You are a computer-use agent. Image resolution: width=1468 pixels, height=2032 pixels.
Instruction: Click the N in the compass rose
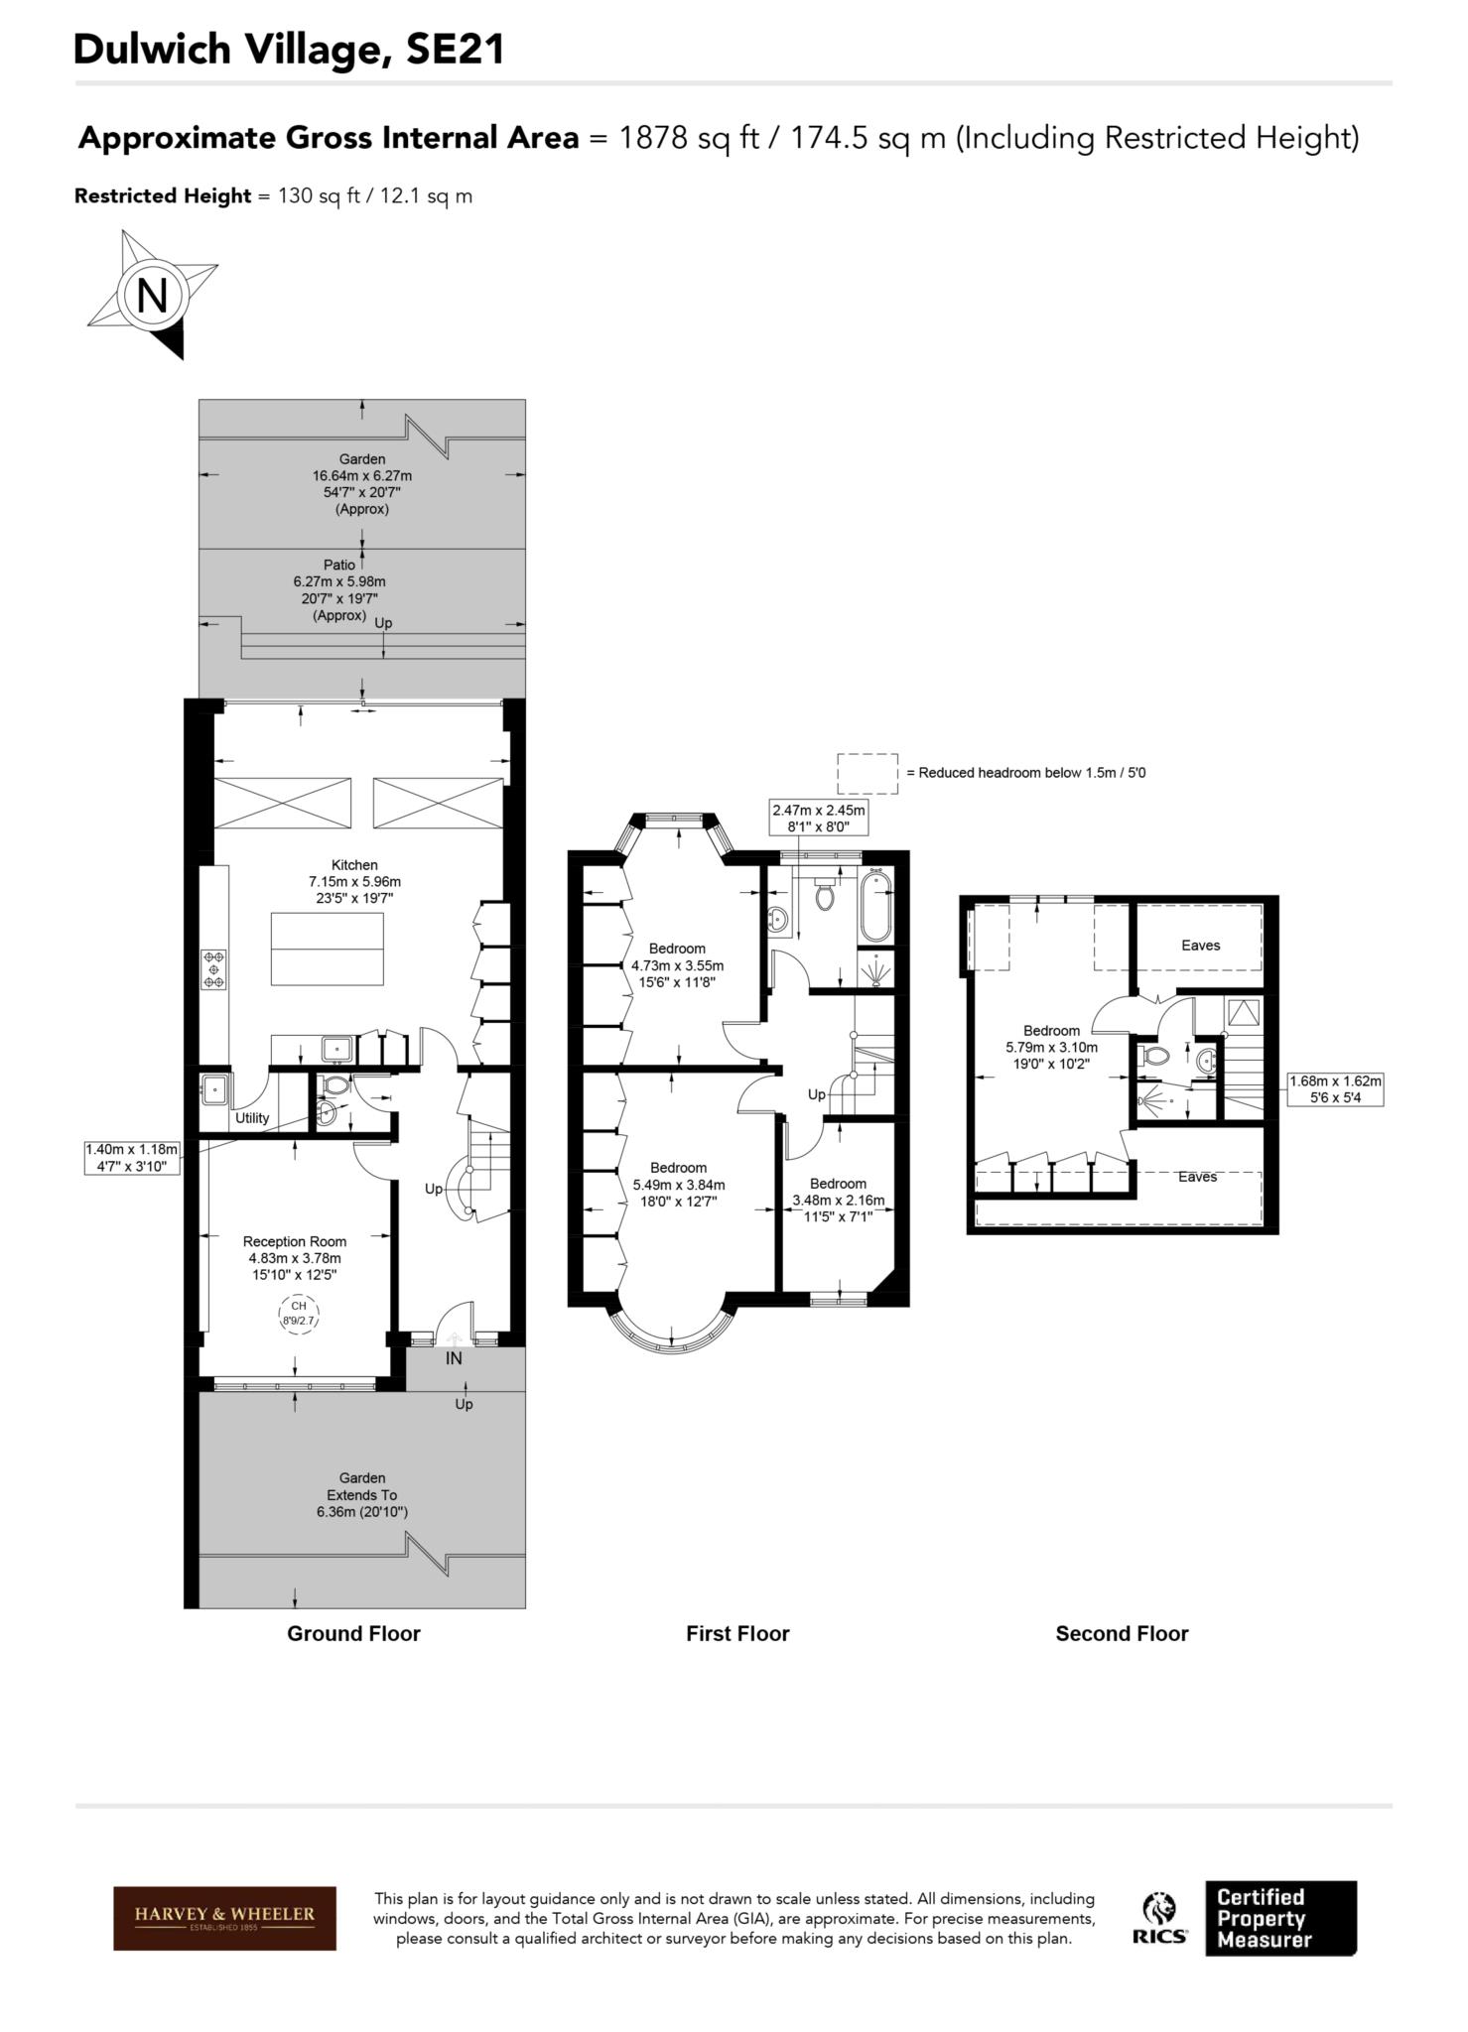(x=151, y=295)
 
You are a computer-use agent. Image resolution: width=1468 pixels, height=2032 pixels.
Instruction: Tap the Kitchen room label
(x=354, y=865)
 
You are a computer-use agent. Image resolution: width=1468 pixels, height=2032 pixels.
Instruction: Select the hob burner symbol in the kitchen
(x=213, y=968)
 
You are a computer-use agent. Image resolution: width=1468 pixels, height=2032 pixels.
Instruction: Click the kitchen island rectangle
(x=327, y=949)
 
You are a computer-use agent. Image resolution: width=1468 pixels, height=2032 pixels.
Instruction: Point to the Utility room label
(x=252, y=1117)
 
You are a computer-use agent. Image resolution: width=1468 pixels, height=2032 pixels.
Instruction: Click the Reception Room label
(x=295, y=1241)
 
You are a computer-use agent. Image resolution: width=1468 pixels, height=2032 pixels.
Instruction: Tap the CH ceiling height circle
(x=298, y=1313)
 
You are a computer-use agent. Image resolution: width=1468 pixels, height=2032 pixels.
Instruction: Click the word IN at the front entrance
(x=454, y=1358)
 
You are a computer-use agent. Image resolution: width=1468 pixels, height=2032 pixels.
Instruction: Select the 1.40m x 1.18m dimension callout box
(x=132, y=1158)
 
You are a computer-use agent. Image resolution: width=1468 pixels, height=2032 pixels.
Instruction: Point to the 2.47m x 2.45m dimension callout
(x=819, y=818)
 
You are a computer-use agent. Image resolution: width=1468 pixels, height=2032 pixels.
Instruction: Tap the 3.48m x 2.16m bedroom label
(x=838, y=1200)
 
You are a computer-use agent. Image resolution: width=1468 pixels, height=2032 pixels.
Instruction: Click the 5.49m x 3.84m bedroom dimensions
(x=679, y=1185)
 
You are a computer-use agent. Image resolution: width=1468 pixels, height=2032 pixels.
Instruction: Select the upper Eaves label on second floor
(x=1200, y=945)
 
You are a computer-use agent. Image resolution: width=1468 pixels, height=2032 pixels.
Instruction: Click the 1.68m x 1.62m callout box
(x=1335, y=1089)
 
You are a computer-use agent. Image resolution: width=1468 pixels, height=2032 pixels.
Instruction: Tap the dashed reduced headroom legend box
(x=867, y=773)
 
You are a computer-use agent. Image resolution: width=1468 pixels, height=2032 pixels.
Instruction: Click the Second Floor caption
(x=1122, y=1633)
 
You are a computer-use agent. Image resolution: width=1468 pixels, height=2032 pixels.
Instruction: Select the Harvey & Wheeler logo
(x=224, y=1918)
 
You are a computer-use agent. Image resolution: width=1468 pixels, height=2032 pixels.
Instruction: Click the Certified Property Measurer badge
(x=1280, y=1918)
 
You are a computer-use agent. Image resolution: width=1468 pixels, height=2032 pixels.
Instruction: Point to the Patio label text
(x=339, y=565)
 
